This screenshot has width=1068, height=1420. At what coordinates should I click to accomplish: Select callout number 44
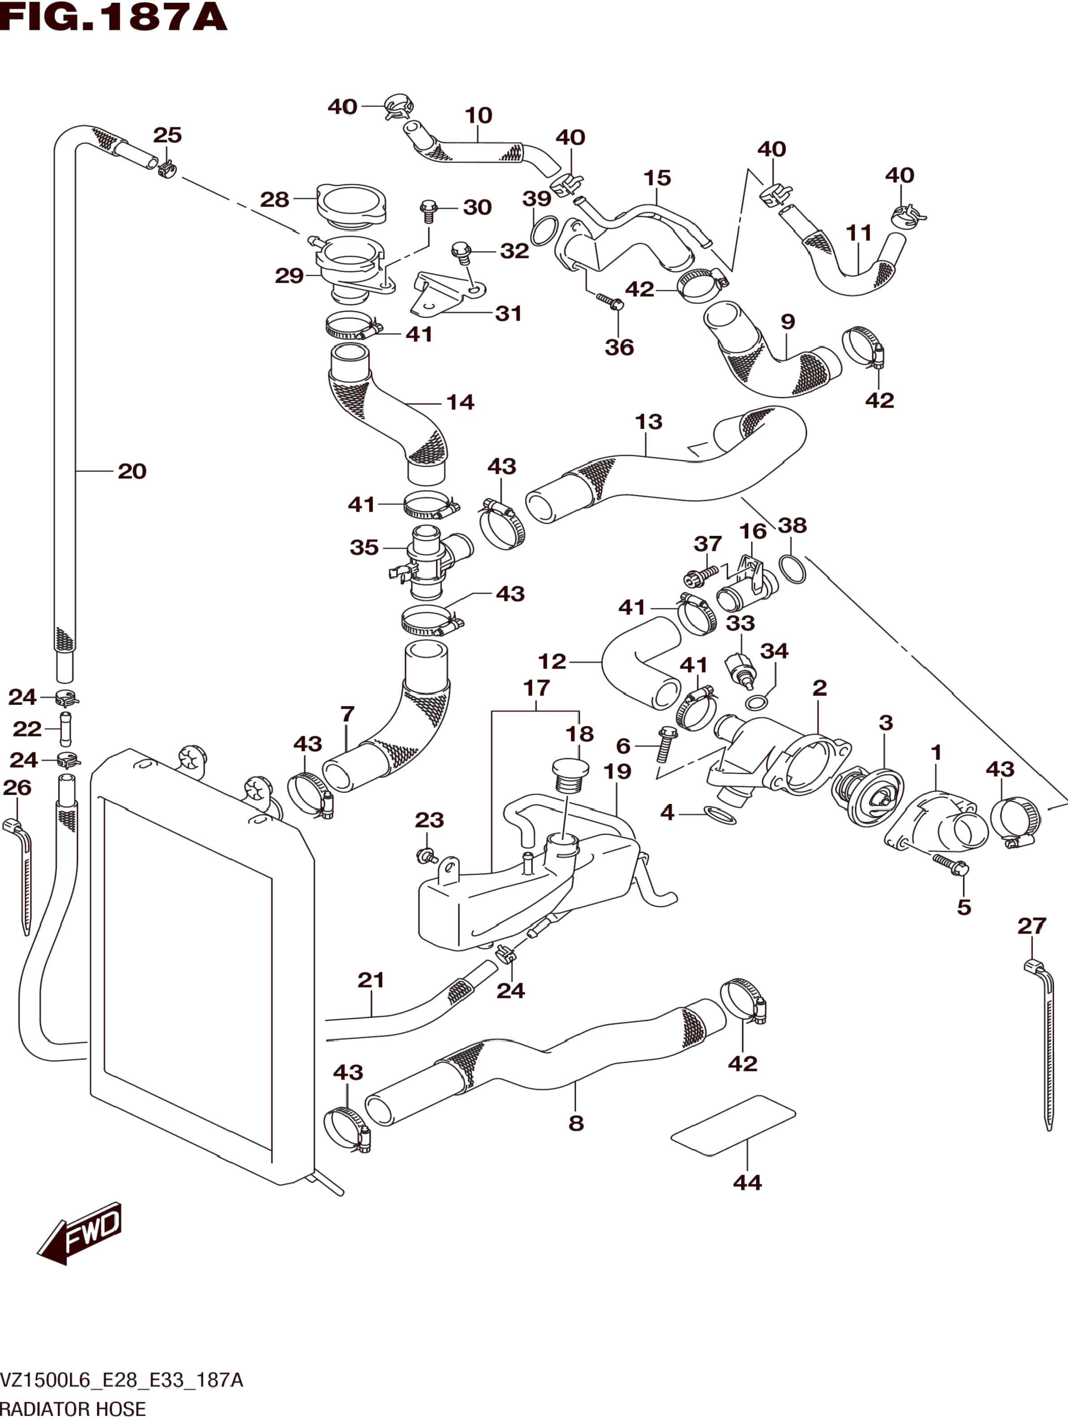[747, 1182]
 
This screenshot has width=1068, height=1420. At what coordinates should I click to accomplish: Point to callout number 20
[132, 471]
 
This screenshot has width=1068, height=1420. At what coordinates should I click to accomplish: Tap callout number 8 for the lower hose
[576, 1123]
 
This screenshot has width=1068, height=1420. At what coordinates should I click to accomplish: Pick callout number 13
[648, 422]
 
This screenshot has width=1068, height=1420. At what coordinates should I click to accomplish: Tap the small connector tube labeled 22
[65, 728]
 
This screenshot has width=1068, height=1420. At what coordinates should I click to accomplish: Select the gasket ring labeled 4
[720, 815]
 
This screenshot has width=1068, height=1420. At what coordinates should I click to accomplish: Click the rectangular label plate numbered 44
[734, 1126]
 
